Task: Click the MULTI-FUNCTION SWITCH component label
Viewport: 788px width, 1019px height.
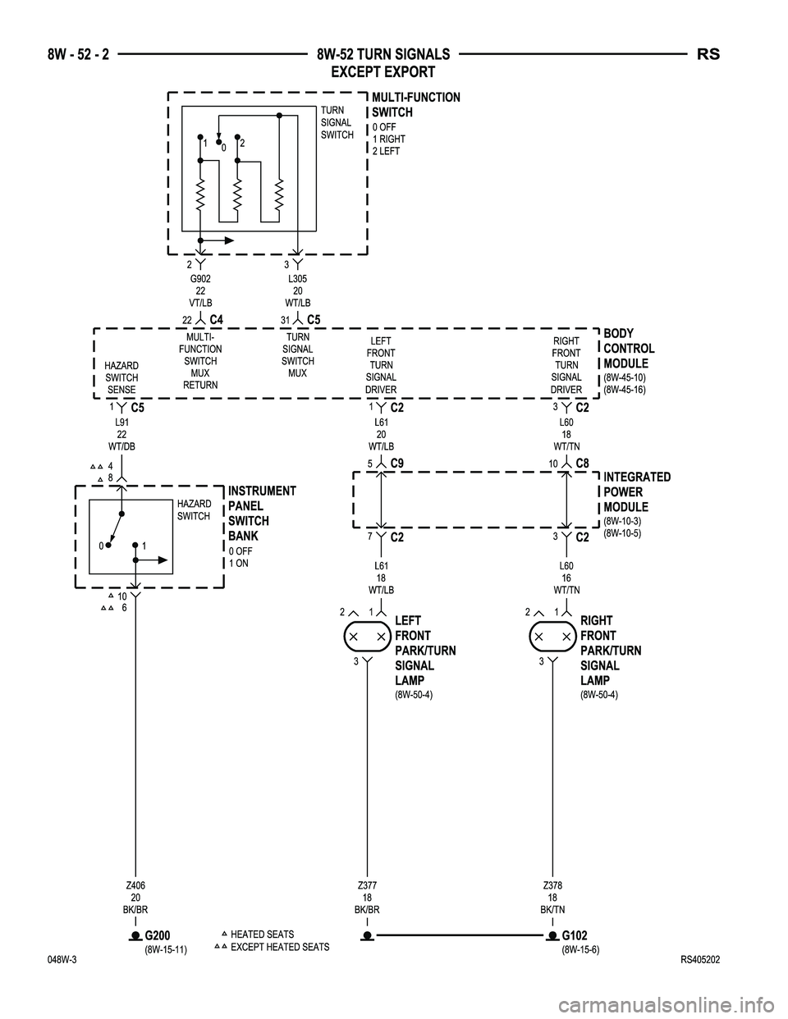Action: [415, 105]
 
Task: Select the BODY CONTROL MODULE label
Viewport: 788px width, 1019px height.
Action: [628, 349]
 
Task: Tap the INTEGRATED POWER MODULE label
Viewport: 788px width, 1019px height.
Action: [636, 491]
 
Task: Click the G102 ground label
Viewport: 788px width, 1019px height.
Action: [574, 935]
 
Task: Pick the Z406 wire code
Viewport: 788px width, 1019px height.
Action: [136, 885]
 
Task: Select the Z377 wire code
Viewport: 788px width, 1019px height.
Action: [367, 885]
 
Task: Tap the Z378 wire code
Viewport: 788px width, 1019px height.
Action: [552, 885]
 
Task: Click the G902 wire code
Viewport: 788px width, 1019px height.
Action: [200, 280]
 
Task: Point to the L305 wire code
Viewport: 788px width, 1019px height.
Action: [298, 280]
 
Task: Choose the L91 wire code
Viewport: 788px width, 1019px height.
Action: [121, 422]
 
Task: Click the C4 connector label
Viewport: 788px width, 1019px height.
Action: [217, 319]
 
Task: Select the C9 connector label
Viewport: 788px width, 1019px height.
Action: [397, 464]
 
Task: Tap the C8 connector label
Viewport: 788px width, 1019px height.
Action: [582, 464]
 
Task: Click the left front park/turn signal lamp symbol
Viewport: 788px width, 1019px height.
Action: [367, 637]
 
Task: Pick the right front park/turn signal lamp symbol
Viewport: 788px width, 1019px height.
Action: [552, 637]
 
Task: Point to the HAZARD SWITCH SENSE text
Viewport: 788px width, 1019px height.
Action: [121, 377]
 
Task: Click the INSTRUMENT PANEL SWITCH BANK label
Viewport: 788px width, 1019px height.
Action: [261, 514]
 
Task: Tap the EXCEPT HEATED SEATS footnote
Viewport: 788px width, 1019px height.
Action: [280, 947]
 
